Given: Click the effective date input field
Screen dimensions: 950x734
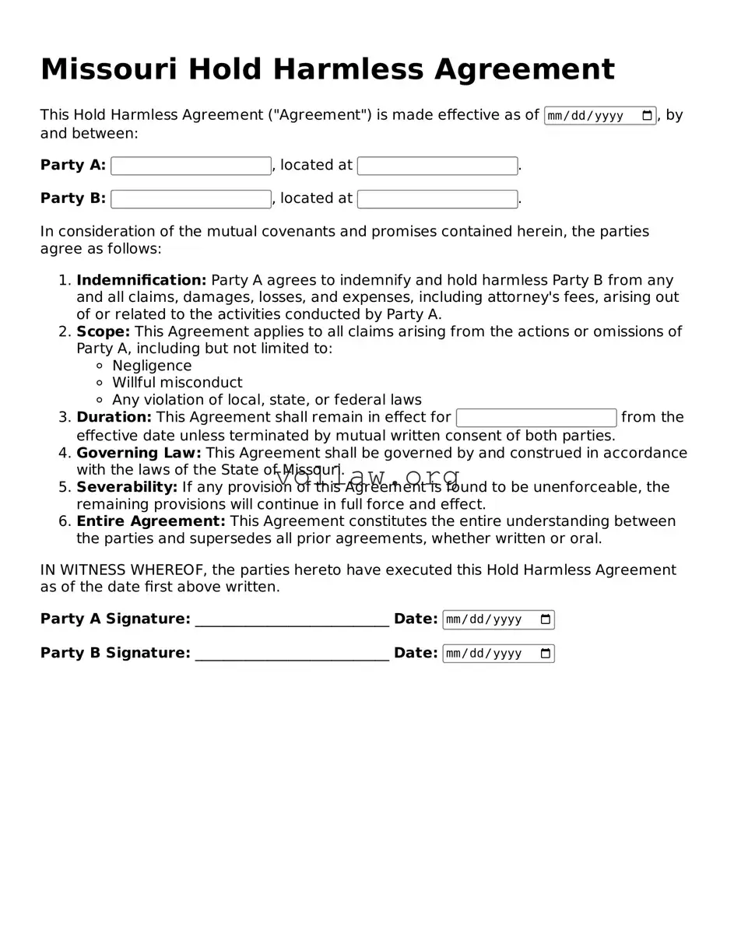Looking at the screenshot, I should pyautogui.click(x=592, y=116).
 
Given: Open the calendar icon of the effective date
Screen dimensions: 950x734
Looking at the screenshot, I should pyautogui.click(x=647, y=116).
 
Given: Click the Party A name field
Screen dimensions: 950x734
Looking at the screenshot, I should pyautogui.click(x=191, y=166).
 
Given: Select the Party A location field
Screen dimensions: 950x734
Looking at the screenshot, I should pyautogui.click(x=437, y=166).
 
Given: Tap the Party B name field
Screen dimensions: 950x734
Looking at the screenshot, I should pyautogui.click(x=191, y=199).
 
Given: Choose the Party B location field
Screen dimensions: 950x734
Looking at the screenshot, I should pyautogui.click(x=437, y=199).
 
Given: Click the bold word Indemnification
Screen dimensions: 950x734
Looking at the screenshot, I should pyautogui.click(x=141, y=280).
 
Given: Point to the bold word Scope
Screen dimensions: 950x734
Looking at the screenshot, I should pyautogui.click(x=103, y=331).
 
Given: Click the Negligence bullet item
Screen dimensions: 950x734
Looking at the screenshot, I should pyautogui.click(x=152, y=366).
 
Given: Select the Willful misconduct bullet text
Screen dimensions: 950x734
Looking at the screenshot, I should pyautogui.click(x=177, y=383).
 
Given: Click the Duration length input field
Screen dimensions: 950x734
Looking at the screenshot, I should pyautogui.click(x=536, y=418).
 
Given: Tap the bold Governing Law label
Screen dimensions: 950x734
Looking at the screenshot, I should pyautogui.click(x=139, y=453).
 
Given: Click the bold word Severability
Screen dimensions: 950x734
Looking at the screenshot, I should pyautogui.click(x=127, y=487).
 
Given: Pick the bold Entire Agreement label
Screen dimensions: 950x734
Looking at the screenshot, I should pyautogui.click(x=150, y=521).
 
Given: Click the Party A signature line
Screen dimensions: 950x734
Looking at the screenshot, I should pyautogui.click(x=292, y=620).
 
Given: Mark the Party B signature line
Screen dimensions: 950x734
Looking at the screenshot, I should pyautogui.click(x=292, y=654).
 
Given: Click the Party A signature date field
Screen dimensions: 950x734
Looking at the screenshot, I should pyautogui.click(x=490, y=620).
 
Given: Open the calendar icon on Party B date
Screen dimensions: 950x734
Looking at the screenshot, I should pyautogui.click(x=546, y=654).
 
